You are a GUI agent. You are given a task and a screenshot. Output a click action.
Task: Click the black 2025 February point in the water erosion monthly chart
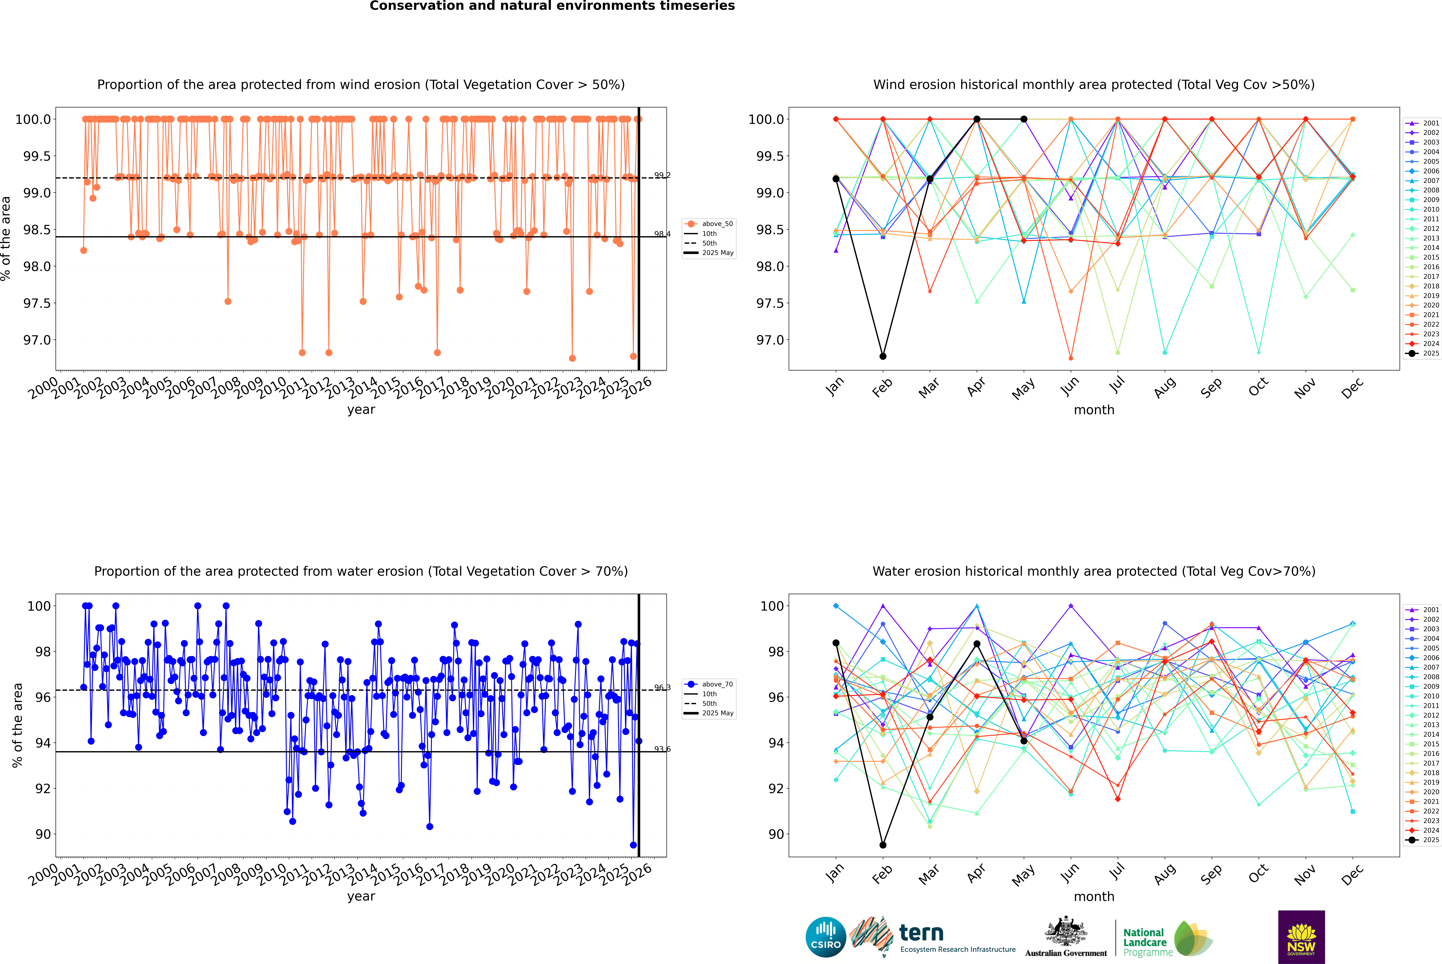(883, 845)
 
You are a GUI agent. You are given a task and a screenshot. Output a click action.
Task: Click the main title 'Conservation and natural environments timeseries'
(552, 6)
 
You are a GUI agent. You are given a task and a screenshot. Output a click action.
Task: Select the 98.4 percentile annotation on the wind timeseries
(662, 234)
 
